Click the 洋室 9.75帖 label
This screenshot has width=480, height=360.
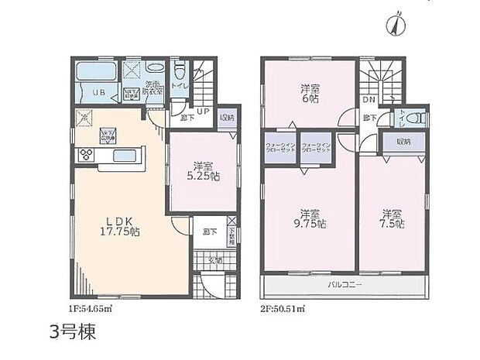[x=311, y=218]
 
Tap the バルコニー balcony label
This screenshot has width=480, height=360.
[x=345, y=285]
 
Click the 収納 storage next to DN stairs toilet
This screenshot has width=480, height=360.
[x=403, y=142]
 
